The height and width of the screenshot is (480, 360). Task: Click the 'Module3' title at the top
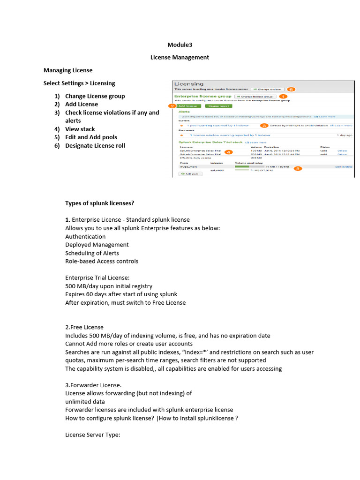180,45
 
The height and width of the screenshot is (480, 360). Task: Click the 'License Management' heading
180,57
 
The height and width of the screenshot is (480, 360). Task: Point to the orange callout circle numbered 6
291,89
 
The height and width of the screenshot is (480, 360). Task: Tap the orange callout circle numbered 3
264,126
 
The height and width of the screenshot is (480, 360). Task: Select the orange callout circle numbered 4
228,152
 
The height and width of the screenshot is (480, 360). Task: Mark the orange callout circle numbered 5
298,168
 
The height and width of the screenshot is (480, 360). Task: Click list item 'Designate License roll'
95,145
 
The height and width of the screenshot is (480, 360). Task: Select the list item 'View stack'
80,129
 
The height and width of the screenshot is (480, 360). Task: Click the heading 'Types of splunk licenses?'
100,203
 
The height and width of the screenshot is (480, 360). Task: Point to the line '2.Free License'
84,327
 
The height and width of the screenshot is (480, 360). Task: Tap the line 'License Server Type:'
92,435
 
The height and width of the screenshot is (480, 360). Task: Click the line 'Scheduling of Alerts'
92,253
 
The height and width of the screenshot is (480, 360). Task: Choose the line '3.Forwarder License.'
94,385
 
